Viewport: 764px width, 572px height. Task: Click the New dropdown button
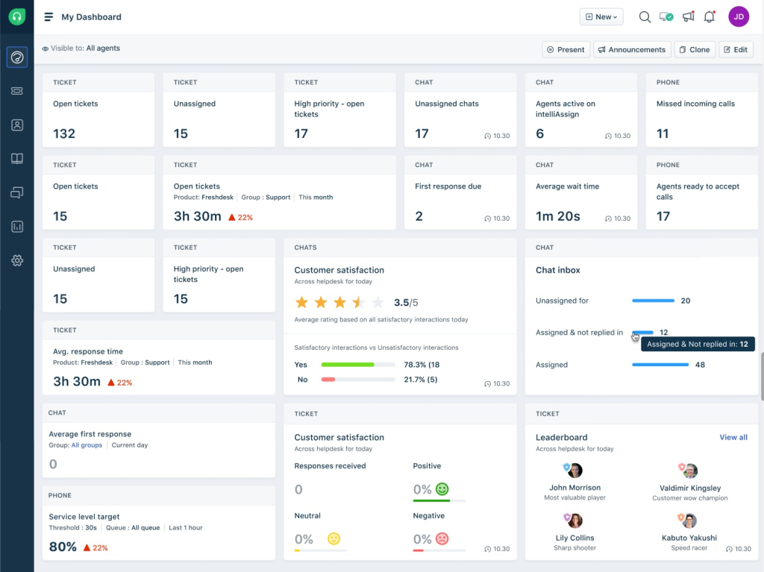[601, 16]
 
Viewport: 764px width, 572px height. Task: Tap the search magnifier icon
[645, 16]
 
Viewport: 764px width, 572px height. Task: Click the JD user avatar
[739, 16]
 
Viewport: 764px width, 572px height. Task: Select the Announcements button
[632, 49]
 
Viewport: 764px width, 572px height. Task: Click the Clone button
[695, 49]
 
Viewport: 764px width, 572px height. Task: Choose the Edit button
[736, 49]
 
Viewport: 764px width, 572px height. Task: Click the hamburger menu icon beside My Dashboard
[48, 16]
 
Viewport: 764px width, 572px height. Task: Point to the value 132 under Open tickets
[64, 133]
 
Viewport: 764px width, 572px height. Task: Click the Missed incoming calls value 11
[663, 133]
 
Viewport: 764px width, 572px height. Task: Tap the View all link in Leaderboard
[733, 437]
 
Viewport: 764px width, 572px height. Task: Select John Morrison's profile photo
[574, 471]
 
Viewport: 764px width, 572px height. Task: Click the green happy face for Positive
[442, 489]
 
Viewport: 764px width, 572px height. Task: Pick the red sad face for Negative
[442, 538]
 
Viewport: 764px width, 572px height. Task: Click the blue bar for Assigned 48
[660, 365]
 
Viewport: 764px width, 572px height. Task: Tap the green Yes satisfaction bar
[348, 365]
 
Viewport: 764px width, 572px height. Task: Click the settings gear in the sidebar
[17, 260]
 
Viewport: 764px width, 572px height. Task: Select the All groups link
[87, 445]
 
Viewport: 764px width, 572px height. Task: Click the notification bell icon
[709, 16]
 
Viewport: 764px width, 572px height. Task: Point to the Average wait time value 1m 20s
[558, 216]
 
